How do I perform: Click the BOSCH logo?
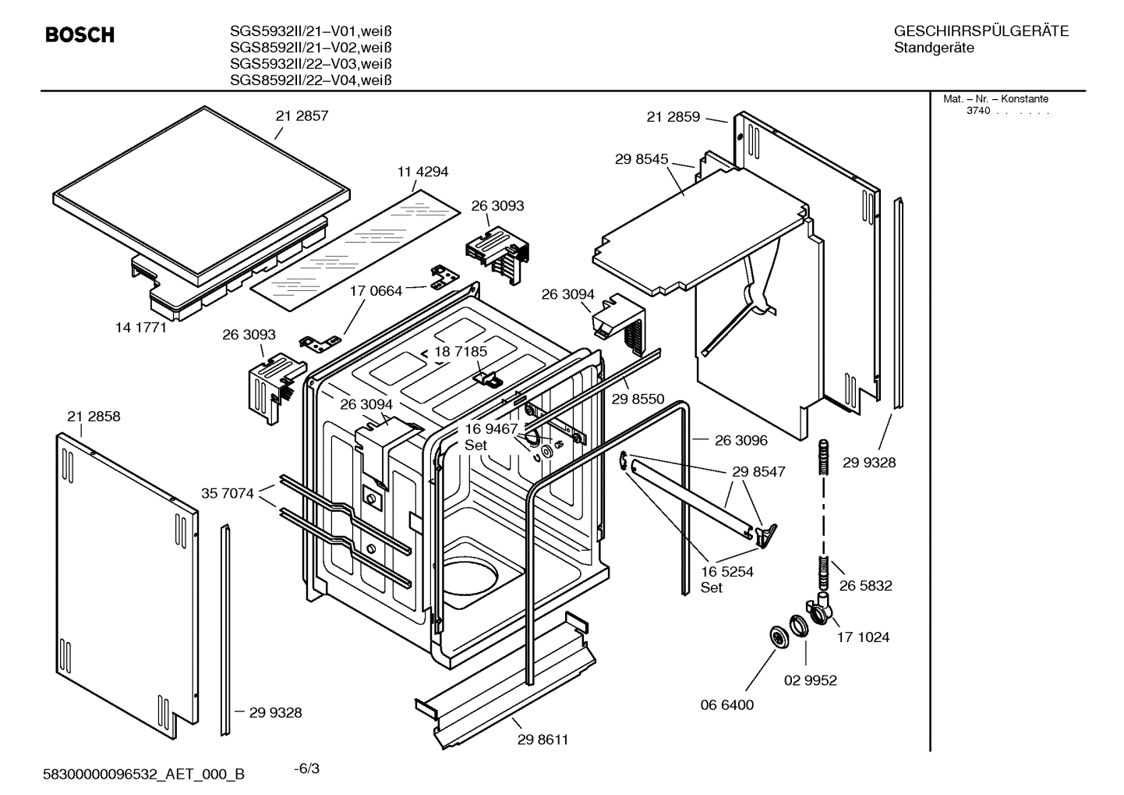[80, 35]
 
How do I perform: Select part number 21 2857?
[302, 116]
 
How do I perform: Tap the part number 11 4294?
[422, 172]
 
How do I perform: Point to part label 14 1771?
[141, 328]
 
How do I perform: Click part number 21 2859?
[673, 117]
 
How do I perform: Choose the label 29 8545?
[641, 159]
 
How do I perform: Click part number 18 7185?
[461, 352]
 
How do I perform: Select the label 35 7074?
[227, 493]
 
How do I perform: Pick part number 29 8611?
[543, 740]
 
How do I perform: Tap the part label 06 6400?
[726, 705]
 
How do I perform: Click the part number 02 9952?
[810, 680]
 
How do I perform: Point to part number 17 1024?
[863, 637]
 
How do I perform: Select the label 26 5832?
[865, 586]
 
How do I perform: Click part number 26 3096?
[740, 441]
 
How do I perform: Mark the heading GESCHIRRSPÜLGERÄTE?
[981, 32]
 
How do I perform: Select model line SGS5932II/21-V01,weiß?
[310, 32]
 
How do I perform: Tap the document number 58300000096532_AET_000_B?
[144, 774]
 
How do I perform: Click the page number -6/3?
[306, 768]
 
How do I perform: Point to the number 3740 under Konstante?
[977, 111]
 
